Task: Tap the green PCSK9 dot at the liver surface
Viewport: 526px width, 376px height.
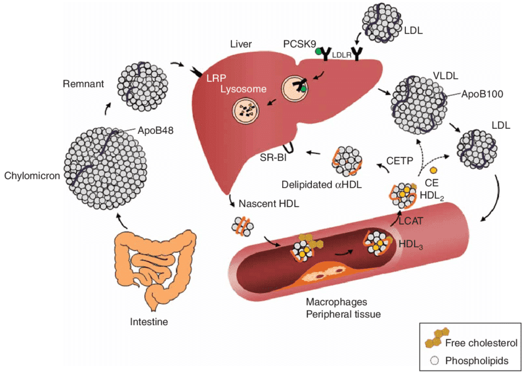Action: click(x=319, y=52)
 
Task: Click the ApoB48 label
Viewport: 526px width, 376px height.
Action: click(x=147, y=130)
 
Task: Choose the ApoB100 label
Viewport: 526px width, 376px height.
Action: click(x=483, y=94)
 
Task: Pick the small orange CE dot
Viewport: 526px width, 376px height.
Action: click(x=434, y=170)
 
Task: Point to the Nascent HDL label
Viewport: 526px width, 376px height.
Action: click(x=267, y=203)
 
